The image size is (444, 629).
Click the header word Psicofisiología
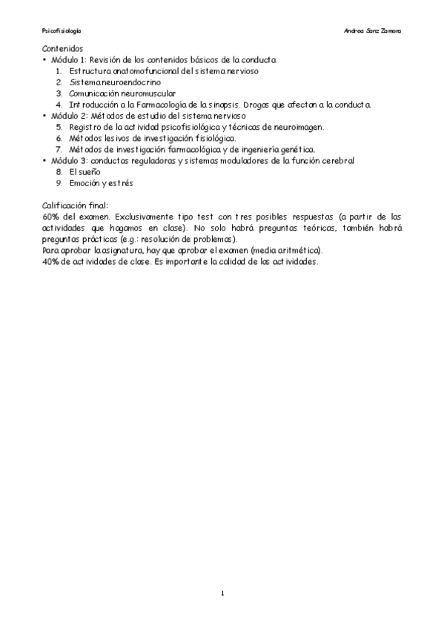[62, 31]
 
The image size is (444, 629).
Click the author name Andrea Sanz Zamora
[373, 31]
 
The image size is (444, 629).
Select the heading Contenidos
[62, 48]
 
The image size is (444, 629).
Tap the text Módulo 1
[67, 59]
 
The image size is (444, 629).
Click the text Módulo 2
[67, 116]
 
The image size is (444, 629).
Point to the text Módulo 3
[67, 160]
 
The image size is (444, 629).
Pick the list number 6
[59, 138]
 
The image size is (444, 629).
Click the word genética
[296, 149]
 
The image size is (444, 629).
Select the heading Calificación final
[76, 205]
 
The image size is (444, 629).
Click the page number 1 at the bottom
[222, 593]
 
